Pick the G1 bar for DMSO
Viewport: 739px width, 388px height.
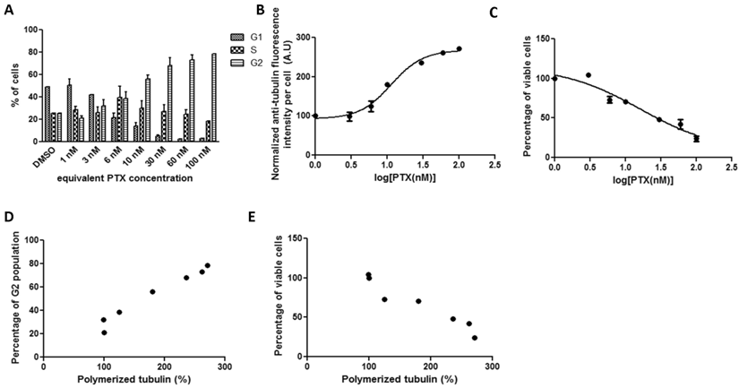[47, 113]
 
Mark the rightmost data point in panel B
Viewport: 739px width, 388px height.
[460, 49]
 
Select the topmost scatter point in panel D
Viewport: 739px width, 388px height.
[208, 265]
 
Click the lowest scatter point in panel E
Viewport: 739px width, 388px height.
[475, 338]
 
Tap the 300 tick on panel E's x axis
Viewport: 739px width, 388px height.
[494, 367]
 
